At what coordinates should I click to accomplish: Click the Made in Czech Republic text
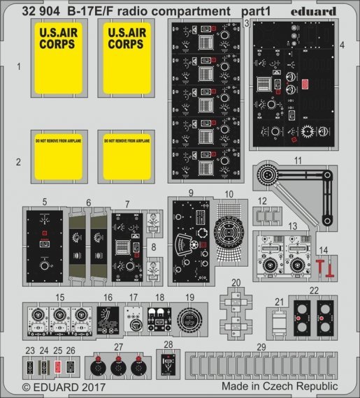(280, 385)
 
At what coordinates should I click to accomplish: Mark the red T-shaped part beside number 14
(321, 266)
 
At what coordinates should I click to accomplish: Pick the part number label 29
(261, 347)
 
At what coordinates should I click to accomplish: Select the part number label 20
(236, 282)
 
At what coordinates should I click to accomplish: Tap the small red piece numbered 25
(58, 364)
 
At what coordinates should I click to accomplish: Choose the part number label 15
(61, 297)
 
